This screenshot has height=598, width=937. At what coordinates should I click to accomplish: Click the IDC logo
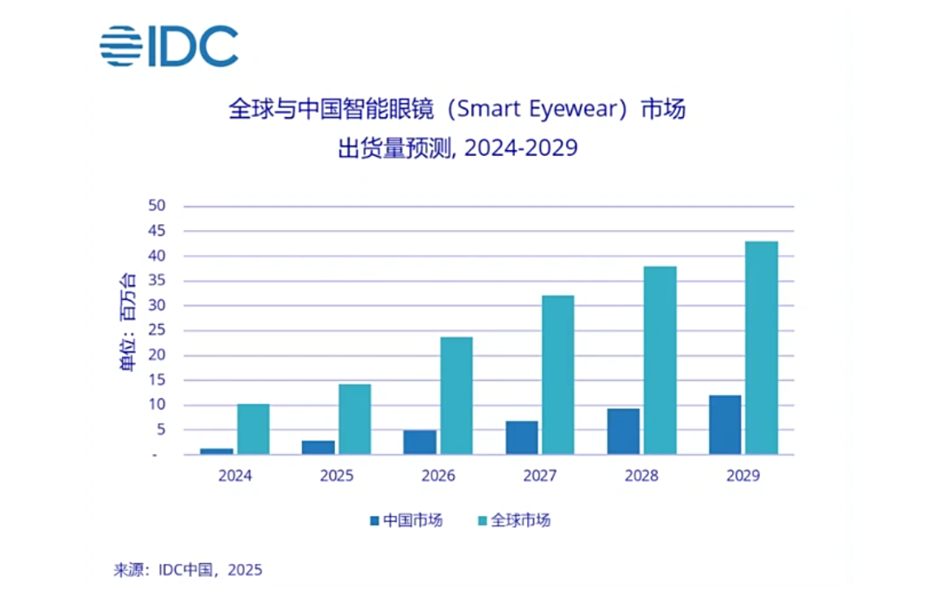169,45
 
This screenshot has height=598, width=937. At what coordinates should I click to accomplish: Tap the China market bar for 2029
725,425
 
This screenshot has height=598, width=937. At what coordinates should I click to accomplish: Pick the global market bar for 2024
253,429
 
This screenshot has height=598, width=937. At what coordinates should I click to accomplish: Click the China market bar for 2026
420,442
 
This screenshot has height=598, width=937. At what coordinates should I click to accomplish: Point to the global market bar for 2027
558,375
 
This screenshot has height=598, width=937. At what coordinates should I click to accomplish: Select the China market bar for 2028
623,431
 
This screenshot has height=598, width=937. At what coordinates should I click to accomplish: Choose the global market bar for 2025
355,419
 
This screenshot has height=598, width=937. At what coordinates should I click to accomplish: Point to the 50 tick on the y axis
157,206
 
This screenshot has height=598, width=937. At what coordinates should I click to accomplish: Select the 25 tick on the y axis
157,331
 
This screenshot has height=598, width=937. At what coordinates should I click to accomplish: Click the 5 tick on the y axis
161,430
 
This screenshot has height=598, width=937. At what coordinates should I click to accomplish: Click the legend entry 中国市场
406,521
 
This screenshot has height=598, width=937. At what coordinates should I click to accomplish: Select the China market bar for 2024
216,451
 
